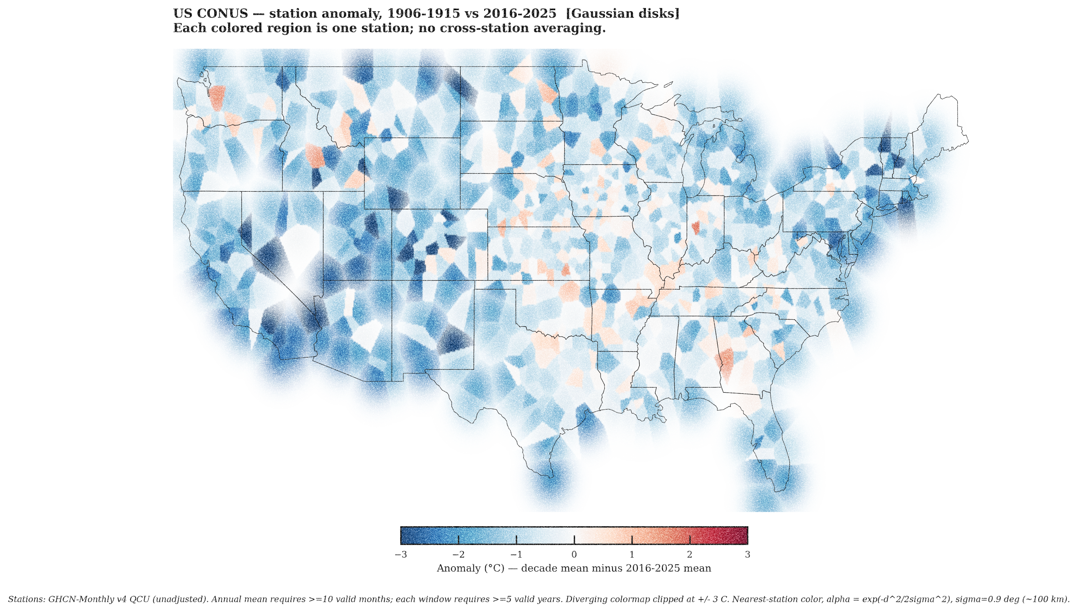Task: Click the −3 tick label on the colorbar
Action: [x=401, y=555]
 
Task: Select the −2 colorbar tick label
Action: [x=458, y=555]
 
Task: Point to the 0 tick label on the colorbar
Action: [x=574, y=555]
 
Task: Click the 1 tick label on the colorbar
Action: [x=632, y=555]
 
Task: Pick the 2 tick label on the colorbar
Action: [x=690, y=555]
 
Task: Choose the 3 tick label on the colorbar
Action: [x=747, y=555]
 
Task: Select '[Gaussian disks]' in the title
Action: [x=622, y=13]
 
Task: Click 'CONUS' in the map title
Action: [x=222, y=13]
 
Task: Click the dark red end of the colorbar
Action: [x=742, y=536]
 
